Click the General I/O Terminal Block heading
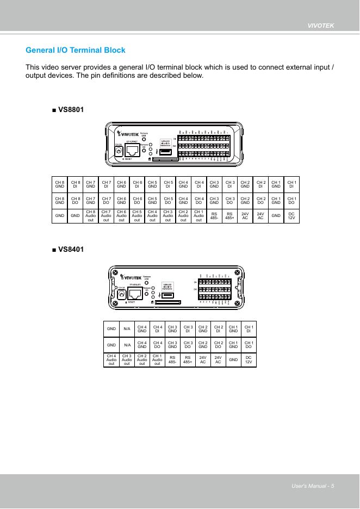(x=76, y=50)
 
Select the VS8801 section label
(x=68, y=109)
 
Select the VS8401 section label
(x=68, y=249)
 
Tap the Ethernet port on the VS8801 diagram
(x=133, y=151)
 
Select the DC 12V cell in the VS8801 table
(x=291, y=215)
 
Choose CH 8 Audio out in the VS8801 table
(x=90, y=215)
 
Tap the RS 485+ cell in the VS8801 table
(x=229, y=215)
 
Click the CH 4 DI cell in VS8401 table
(x=157, y=328)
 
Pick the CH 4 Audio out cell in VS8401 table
(x=111, y=359)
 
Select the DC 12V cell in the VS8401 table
(x=249, y=359)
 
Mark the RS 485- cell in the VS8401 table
(x=172, y=359)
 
